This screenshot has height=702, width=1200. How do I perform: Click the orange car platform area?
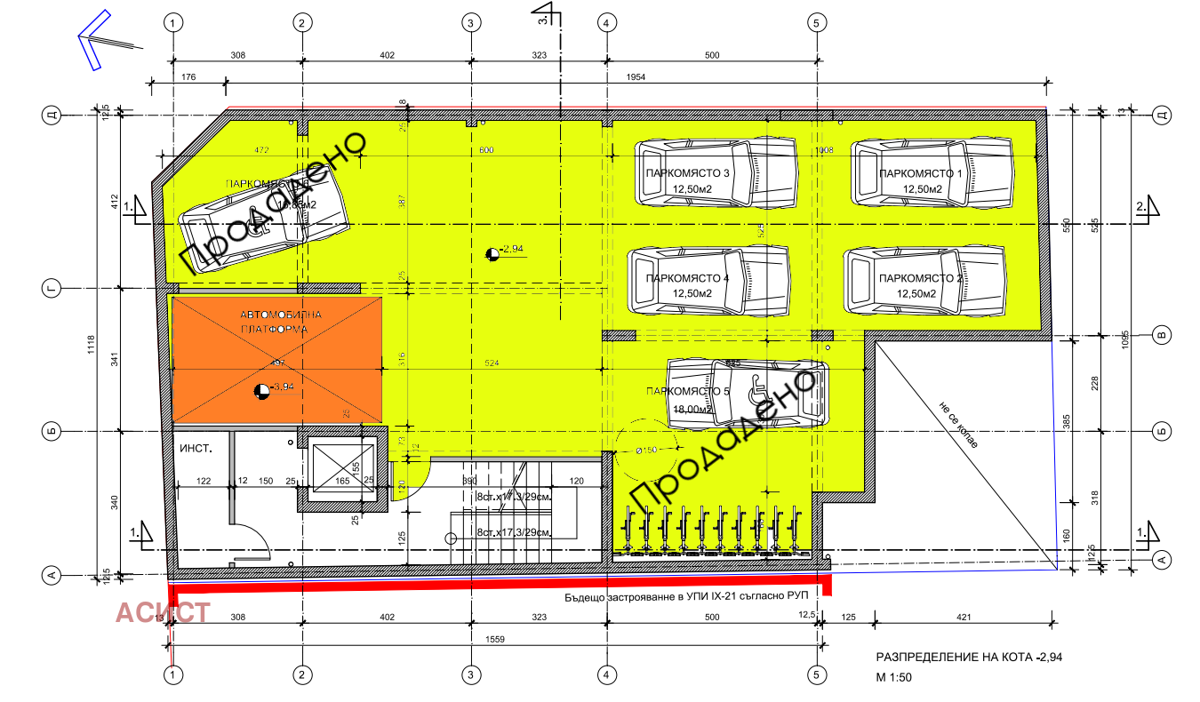(x=276, y=360)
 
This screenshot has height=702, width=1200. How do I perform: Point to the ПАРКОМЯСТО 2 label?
(x=920, y=279)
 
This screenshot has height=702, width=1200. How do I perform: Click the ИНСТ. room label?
(x=196, y=450)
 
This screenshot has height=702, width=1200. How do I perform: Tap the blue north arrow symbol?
(x=92, y=39)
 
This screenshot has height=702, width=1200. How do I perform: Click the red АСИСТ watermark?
(x=164, y=612)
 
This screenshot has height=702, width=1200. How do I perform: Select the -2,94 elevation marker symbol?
(x=492, y=254)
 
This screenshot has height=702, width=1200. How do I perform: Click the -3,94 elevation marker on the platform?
(x=261, y=389)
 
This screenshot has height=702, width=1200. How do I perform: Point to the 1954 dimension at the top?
(x=636, y=78)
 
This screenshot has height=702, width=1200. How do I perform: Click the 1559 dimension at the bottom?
(x=493, y=639)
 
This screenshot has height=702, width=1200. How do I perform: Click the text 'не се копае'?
(x=956, y=425)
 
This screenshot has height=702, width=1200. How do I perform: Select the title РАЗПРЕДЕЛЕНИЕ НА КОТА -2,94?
(x=969, y=658)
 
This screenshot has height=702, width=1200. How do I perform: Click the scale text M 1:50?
(x=894, y=677)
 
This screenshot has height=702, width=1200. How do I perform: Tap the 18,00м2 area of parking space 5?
(x=692, y=410)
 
